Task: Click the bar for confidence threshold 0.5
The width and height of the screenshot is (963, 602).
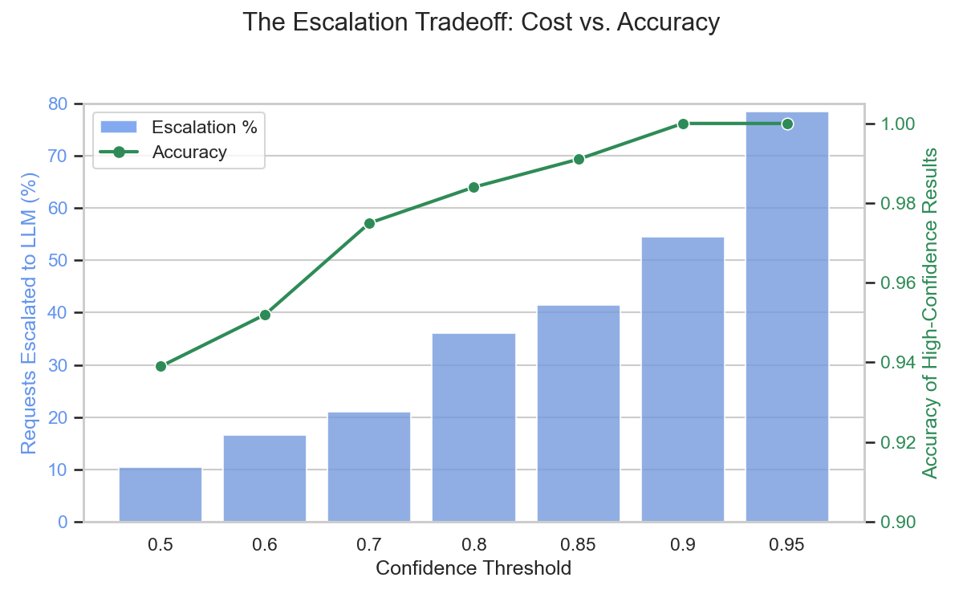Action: point(160,494)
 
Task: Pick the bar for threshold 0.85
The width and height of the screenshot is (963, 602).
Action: point(579,413)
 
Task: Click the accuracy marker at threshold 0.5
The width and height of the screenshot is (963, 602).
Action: point(160,366)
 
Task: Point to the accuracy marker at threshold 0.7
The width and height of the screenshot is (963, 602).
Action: point(369,223)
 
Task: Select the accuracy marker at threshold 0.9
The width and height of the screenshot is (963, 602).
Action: point(683,124)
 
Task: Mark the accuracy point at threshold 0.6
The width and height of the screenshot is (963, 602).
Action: point(265,315)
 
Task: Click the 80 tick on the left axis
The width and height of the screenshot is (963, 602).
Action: point(58,104)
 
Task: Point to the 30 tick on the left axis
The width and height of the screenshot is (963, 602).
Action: point(58,365)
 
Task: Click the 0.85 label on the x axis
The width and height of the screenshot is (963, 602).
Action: point(579,545)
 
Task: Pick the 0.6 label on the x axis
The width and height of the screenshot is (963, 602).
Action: point(265,545)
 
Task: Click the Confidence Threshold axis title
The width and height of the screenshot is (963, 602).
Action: point(473,569)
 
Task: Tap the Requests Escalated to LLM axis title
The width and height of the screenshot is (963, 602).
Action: point(29,313)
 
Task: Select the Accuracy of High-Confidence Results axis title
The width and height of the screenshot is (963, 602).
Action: point(931,313)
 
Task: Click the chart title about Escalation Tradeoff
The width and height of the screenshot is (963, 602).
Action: point(481,22)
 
